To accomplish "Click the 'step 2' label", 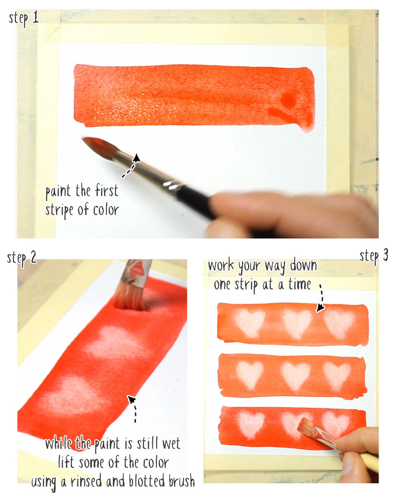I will tap(22, 258).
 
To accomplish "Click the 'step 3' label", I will tap(374, 256).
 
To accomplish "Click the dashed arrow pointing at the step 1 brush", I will tap(131, 165).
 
